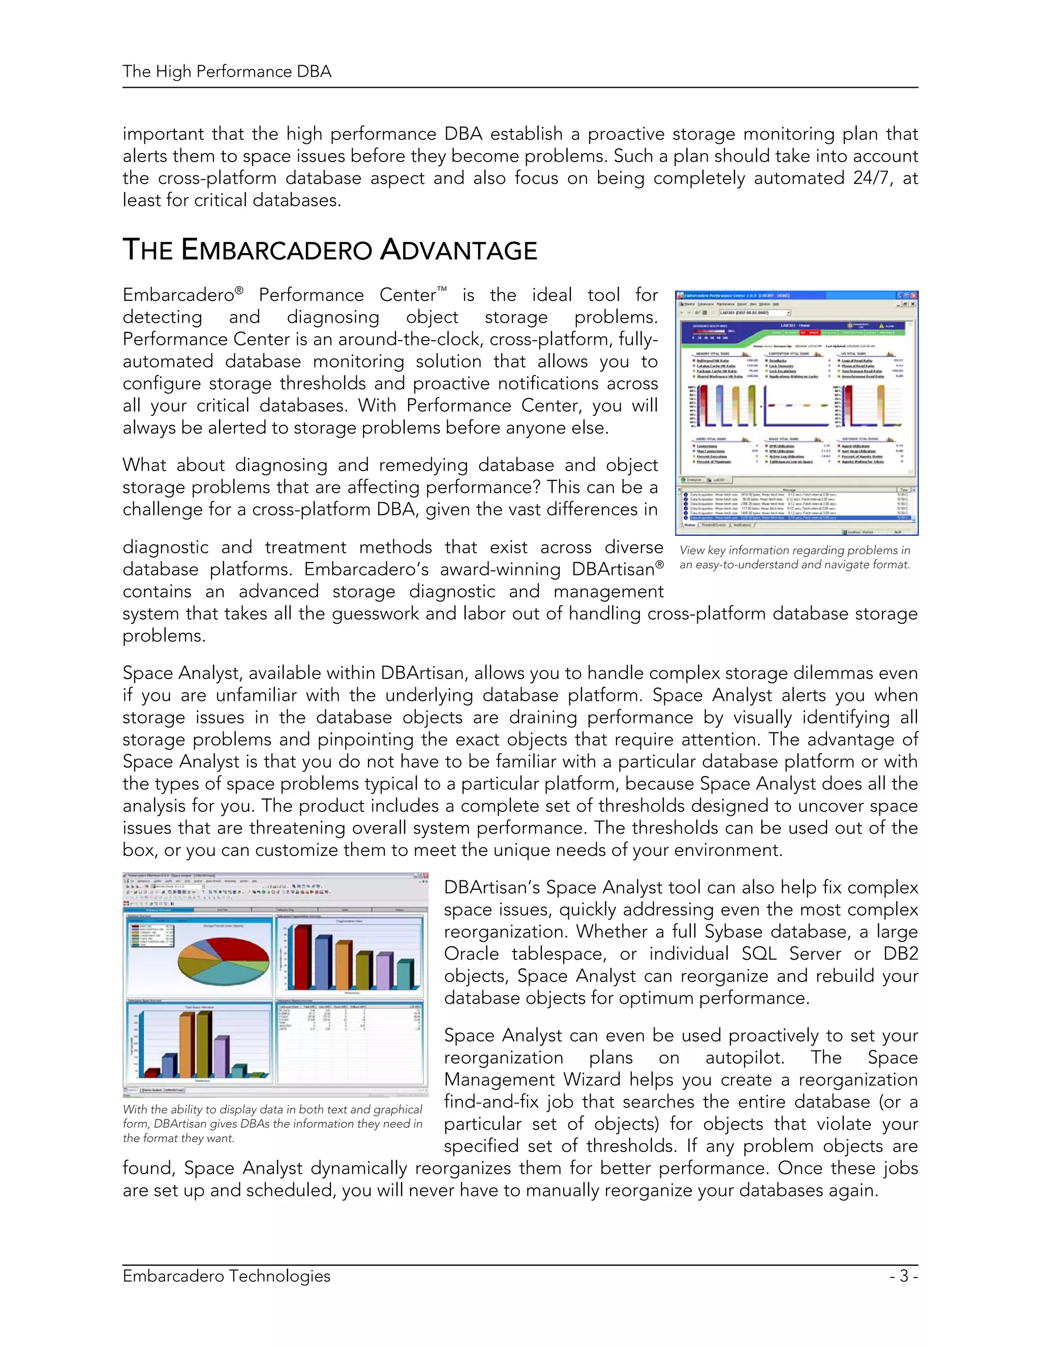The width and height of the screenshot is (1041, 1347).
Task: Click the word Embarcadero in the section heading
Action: (277, 251)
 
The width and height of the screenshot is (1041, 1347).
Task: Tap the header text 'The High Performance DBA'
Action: (226, 72)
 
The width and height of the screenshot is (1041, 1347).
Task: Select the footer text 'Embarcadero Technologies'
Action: (226, 1275)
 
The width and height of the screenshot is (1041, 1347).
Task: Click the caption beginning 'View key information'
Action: (794, 558)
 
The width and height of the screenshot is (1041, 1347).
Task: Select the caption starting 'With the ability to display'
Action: (272, 1123)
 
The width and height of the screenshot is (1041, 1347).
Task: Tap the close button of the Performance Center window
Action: (914, 295)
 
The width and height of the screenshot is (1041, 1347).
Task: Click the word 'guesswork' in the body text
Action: (376, 614)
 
